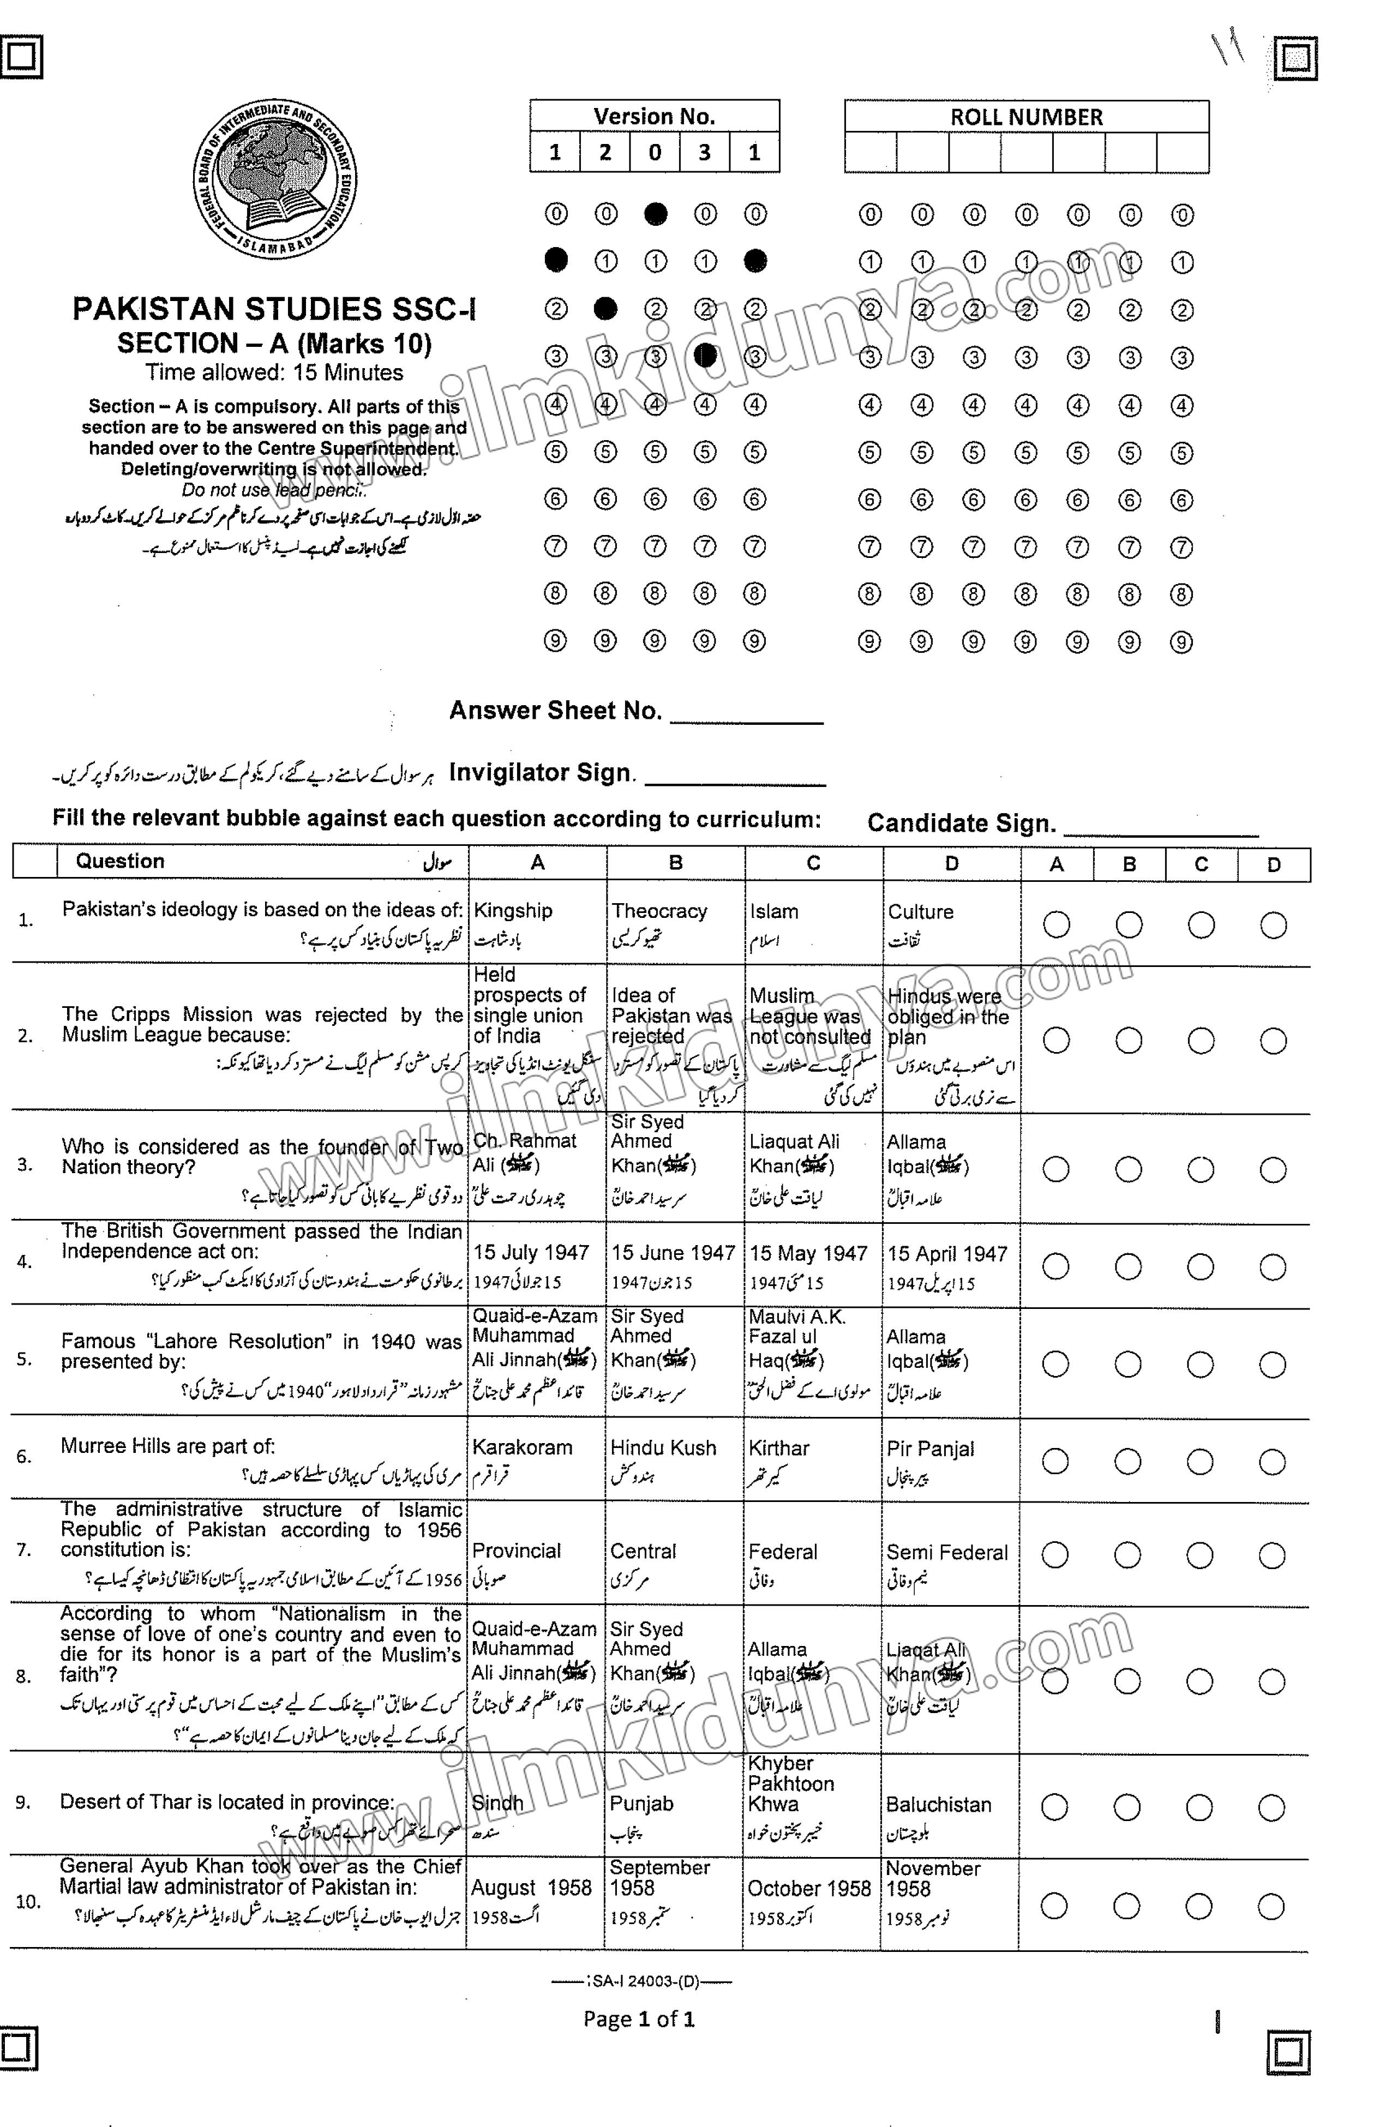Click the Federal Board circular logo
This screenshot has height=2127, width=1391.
[x=274, y=179]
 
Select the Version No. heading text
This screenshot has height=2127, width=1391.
[x=655, y=116]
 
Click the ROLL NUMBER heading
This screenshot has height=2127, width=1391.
[x=1026, y=117]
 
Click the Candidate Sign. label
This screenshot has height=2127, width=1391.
[x=961, y=823]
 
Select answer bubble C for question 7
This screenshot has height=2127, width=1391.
[x=1200, y=1555]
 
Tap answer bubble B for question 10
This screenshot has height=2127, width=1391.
[x=1126, y=1906]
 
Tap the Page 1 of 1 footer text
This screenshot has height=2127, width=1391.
[x=638, y=2019]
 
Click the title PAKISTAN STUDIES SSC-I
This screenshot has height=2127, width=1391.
[x=273, y=309]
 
